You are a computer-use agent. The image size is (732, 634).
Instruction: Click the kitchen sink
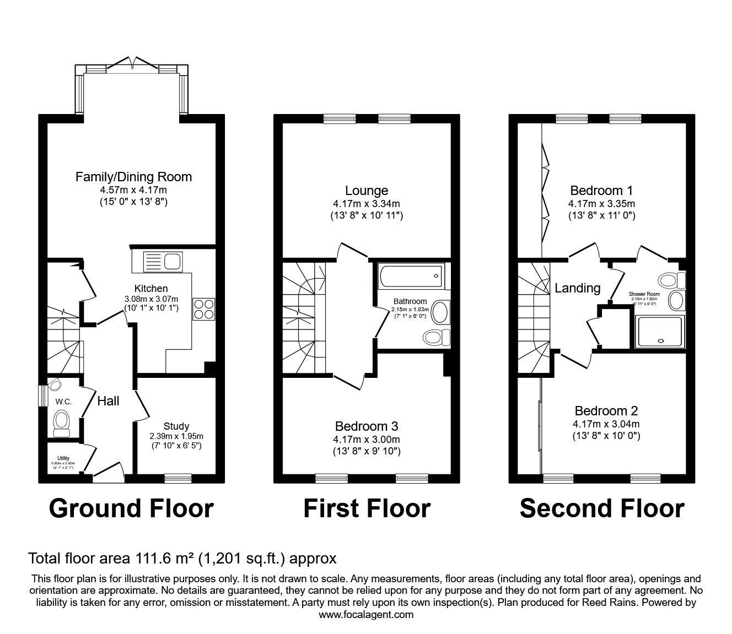(162, 261)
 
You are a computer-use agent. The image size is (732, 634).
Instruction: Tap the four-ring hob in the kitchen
(204, 308)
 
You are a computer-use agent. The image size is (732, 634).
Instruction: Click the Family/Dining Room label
(133, 177)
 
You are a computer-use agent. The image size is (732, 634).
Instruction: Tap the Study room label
(176, 426)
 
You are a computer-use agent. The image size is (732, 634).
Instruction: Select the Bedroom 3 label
(367, 426)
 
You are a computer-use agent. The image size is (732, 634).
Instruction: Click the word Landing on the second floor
(577, 288)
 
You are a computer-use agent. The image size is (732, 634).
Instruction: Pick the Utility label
(63, 458)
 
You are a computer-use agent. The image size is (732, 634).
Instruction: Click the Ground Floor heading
(131, 508)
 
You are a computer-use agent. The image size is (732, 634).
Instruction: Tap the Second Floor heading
(602, 508)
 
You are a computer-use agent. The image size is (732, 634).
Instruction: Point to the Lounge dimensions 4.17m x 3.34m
(367, 204)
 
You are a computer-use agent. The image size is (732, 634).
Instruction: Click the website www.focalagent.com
(366, 614)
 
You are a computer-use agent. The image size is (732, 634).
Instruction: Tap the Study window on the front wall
(178, 478)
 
